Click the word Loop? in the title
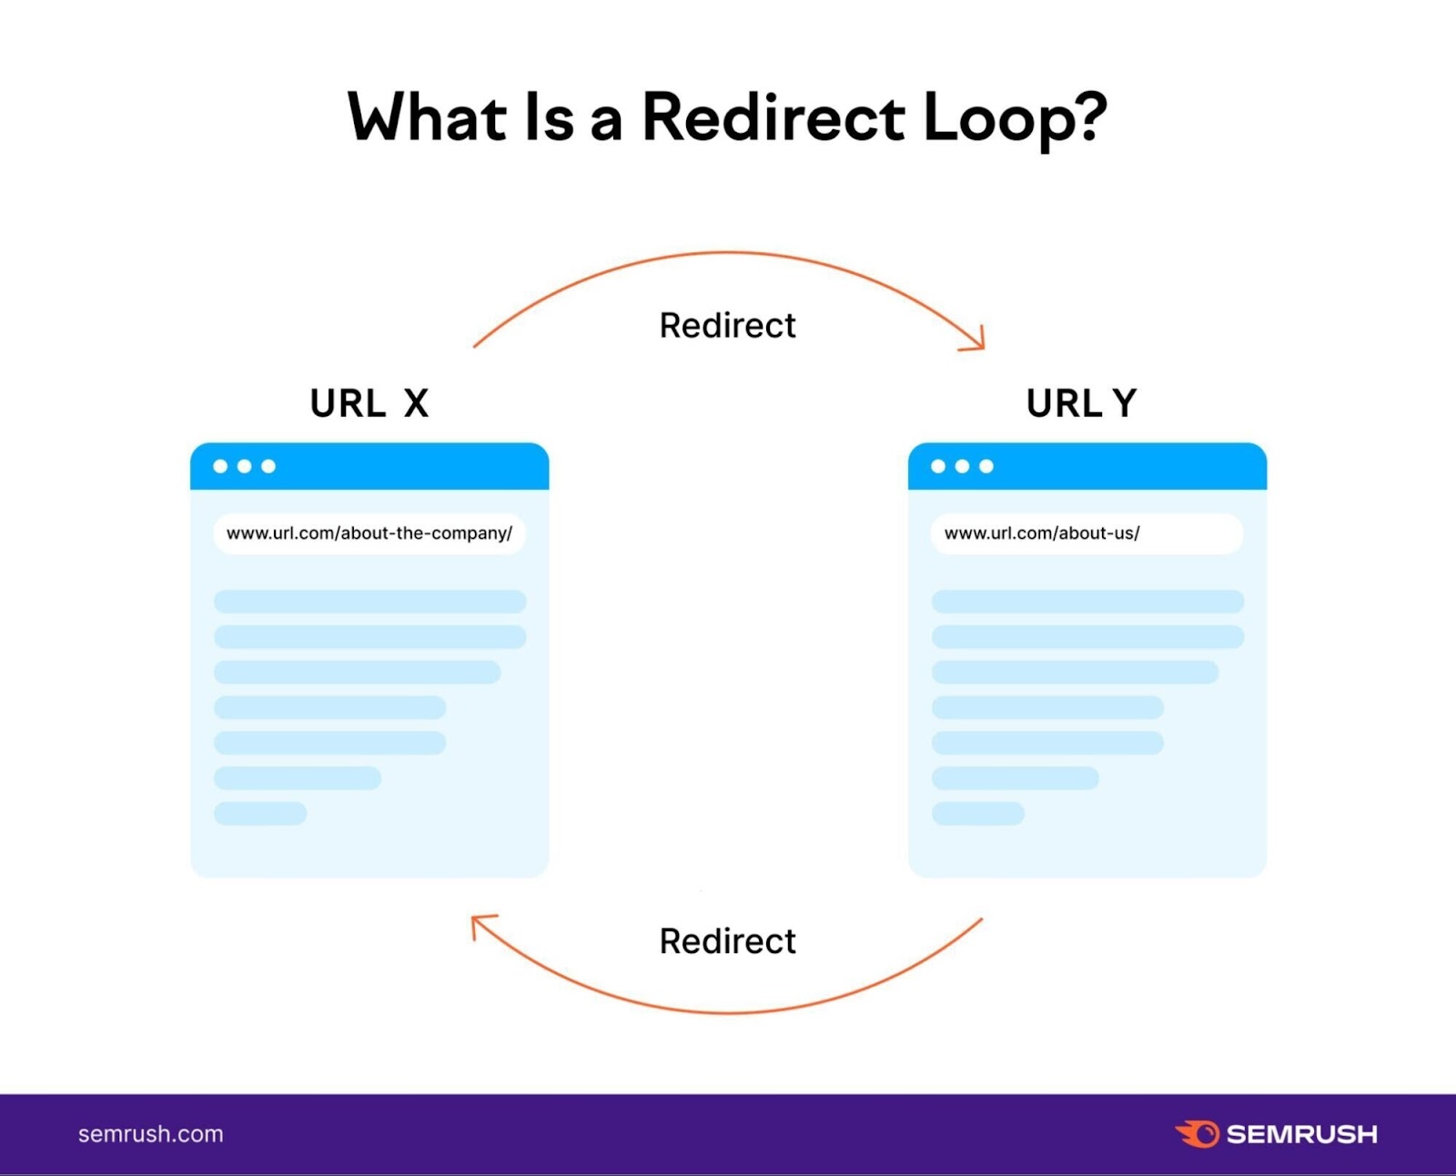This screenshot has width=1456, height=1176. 1015,118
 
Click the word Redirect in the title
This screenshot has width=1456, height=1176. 773,118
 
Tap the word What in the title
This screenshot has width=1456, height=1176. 428,118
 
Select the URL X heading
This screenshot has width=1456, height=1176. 369,403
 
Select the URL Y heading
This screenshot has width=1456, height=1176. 1081,403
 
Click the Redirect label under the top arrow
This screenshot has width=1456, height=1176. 727,326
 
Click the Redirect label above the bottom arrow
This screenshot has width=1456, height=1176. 727,941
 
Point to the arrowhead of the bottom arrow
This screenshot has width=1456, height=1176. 479,922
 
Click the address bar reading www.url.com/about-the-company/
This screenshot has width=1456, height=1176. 369,533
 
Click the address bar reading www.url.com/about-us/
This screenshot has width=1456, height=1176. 1087,533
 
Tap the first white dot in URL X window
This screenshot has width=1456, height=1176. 220,466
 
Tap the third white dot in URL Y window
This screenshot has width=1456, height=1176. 986,466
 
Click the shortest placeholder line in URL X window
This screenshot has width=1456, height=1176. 260,814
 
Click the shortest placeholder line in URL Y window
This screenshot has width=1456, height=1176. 978,814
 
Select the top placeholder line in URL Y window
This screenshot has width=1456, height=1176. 1087,602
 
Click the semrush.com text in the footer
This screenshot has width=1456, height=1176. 151,1134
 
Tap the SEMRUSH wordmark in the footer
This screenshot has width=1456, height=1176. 1301,1134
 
